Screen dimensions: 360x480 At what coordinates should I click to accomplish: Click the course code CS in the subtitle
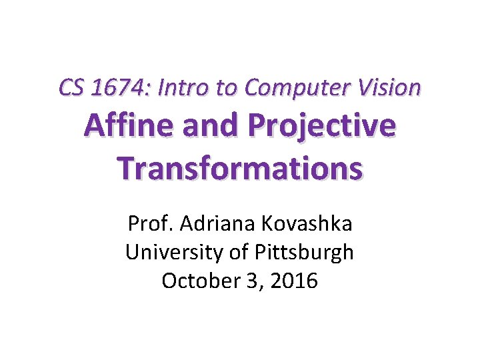[69, 87]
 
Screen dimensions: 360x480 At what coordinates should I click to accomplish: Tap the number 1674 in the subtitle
[114, 87]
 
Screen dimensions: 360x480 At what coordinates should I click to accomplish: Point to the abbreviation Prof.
[146, 224]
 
